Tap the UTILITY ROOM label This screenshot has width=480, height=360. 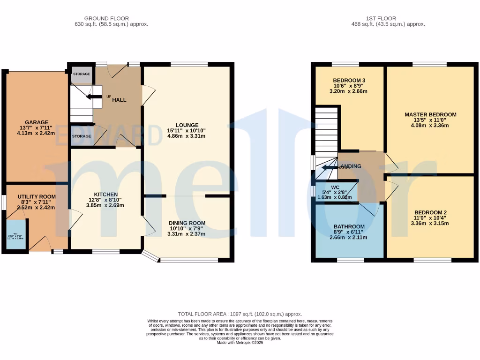coord(37,197)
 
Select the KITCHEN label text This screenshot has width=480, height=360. coord(105,195)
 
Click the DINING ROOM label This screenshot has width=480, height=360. coord(187,223)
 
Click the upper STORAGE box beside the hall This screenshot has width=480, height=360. coord(81,75)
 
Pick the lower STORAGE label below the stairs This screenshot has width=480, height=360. coord(81,136)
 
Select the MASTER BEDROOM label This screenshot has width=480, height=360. coord(430,114)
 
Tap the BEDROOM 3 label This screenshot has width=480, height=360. coord(349,81)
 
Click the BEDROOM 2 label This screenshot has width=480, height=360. coord(430,212)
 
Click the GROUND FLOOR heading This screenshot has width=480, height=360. coord(111,19)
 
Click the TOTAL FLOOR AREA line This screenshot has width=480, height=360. coord(240,314)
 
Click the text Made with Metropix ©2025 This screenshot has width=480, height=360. coord(240,342)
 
